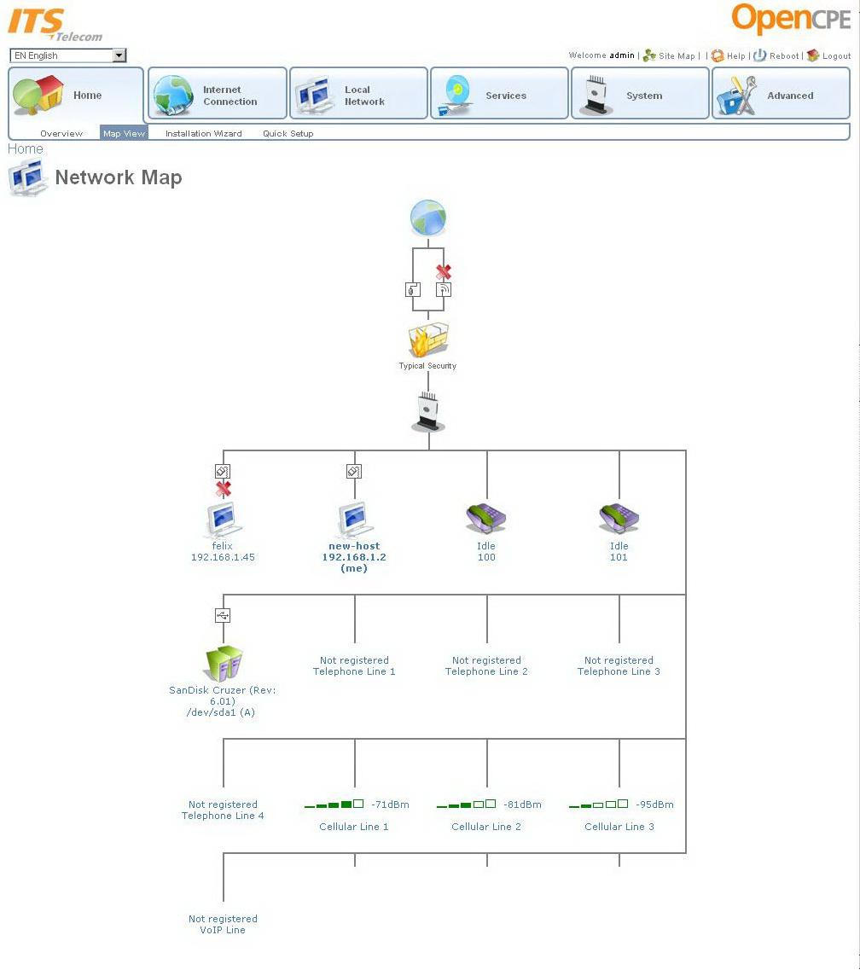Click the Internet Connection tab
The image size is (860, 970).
click(218, 95)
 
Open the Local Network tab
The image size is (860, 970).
click(358, 95)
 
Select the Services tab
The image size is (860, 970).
click(499, 95)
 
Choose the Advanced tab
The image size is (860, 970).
click(781, 95)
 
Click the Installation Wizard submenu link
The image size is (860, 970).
click(203, 134)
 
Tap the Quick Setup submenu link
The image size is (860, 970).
click(288, 134)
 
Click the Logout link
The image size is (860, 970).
click(836, 56)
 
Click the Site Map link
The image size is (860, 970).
click(677, 56)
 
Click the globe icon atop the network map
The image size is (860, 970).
click(428, 218)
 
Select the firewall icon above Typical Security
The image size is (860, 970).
click(428, 340)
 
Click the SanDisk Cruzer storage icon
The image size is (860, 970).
click(224, 662)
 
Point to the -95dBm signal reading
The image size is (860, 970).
click(654, 804)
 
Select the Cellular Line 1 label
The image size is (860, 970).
click(354, 827)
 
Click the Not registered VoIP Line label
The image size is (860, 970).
click(223, 924)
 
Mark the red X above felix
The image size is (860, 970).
click(224, 489)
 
